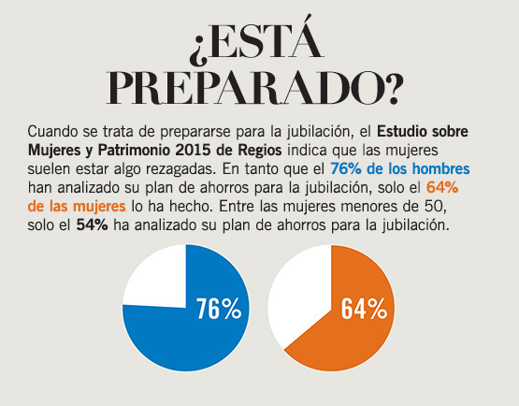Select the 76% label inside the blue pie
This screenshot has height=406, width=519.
coord(219,310)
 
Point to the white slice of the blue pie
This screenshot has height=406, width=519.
coord(154,282)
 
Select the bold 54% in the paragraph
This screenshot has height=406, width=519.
coord(93,225)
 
